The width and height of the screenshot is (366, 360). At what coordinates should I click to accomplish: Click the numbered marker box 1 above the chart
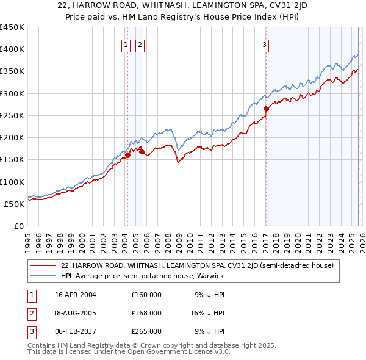tap(126, 44)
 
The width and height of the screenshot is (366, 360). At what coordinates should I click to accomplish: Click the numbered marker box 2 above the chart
tap(140, 44)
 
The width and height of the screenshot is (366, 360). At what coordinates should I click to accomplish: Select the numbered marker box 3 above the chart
tap(265, 44)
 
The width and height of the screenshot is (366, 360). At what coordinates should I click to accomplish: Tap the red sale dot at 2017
tap(266, 109)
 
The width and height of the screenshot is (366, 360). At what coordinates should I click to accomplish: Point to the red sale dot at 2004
tap(127, 155)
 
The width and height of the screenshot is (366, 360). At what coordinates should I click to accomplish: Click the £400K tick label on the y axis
tap(12, 49)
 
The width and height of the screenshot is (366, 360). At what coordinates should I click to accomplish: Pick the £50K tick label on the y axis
tap(15, 204)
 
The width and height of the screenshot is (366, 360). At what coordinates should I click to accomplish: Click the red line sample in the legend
tap(43, 266)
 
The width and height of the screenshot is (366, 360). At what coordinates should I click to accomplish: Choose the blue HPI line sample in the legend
tap(43, 276)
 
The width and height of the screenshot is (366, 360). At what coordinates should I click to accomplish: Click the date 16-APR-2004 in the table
tap(76, 295)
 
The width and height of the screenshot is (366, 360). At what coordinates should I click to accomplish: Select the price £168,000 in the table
tap(146, 313)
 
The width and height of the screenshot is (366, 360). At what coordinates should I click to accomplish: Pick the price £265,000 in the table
tap(146, 331)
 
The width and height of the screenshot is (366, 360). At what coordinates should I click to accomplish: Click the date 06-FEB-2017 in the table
tap(76, 331)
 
